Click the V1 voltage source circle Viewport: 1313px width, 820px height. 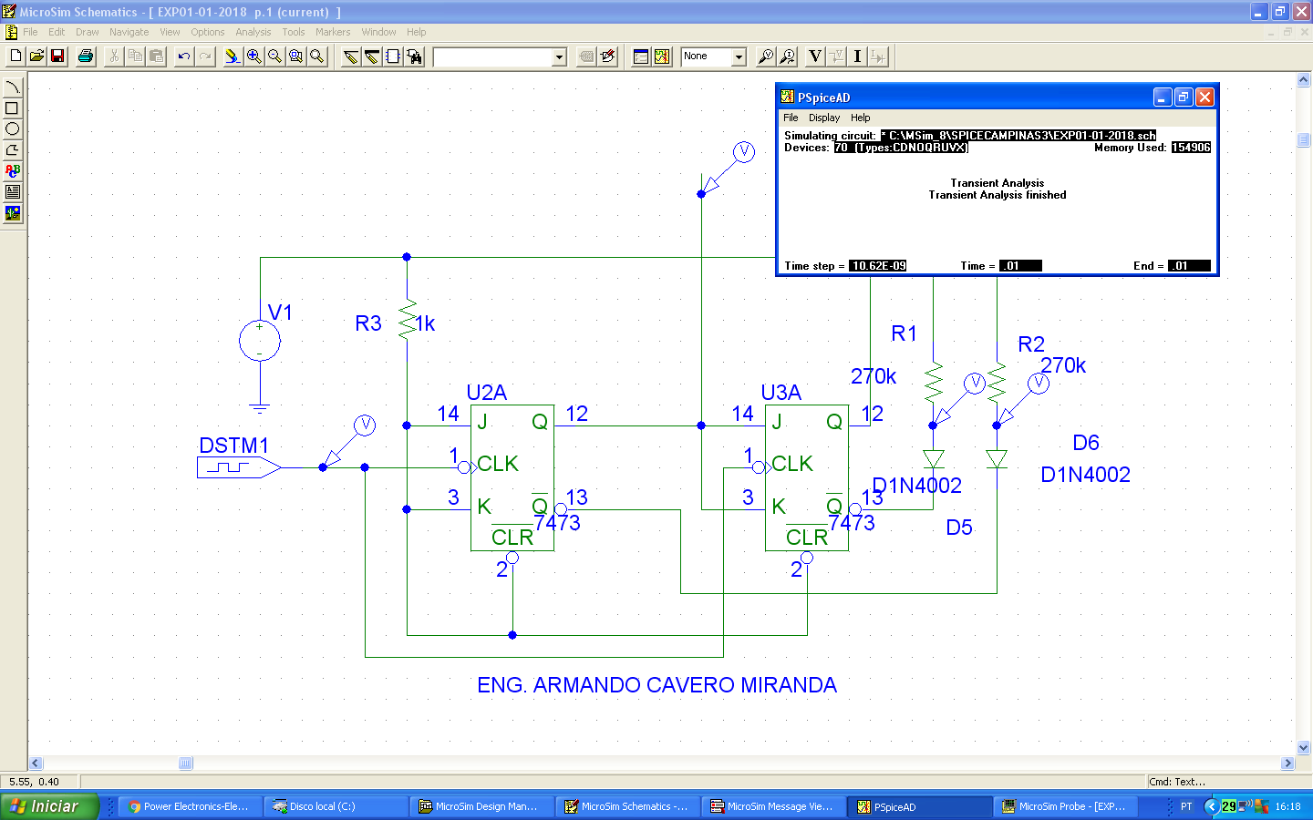point(260,342)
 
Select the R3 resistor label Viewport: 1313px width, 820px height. point(367,323)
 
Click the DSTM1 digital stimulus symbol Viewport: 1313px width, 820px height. point(238,467)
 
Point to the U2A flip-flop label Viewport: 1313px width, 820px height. point(486,393)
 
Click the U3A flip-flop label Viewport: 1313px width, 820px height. point(781,393)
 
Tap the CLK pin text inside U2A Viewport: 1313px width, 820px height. point(498,464)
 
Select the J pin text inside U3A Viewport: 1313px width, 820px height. point(777,422)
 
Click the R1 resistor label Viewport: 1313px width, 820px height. point(904,333)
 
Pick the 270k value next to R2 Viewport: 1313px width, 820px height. point(1063,365)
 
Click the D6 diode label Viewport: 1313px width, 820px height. point(1085,443)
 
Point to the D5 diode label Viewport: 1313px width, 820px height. point(958,528)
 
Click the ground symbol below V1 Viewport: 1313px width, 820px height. point(260,408)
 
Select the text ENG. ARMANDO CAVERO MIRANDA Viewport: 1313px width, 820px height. point(656,685)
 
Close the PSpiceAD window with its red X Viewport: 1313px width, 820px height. point(1204,97)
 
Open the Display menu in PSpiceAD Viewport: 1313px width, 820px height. point(823,118)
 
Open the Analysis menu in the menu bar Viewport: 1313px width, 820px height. point(253,32)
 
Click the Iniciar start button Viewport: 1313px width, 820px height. point(47,806)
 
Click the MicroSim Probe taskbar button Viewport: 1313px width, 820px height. point(1064,806)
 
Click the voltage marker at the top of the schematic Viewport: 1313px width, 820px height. point(743,152)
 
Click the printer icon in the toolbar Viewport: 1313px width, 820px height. point(86,56)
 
